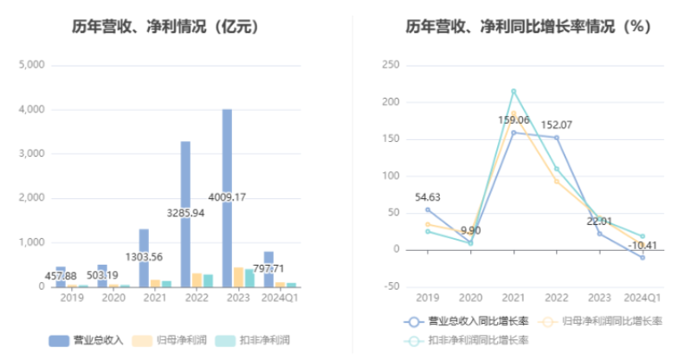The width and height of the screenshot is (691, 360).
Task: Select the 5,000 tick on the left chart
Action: click(31, 65)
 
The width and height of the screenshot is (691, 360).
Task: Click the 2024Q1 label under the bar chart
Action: click(280, 298)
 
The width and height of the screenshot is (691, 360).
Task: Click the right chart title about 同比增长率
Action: click(528, 27)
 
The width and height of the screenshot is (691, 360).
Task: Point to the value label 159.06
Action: click(514, 120)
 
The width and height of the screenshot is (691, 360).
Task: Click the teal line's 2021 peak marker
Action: click(513, 91)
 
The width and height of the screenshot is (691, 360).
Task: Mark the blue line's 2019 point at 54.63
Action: click(428, 209)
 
